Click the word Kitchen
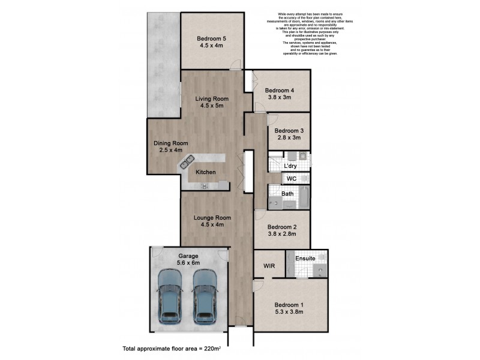[x=206, y=173]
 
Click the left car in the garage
[x=169, y=296]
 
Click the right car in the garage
[x=205, y=296]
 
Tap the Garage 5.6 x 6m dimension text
[x=188, y=263]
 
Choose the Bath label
[x=287, y=194]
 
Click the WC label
[x=292, y=179]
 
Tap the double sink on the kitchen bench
[x=187, y=161]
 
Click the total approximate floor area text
[x=169, y=348]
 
